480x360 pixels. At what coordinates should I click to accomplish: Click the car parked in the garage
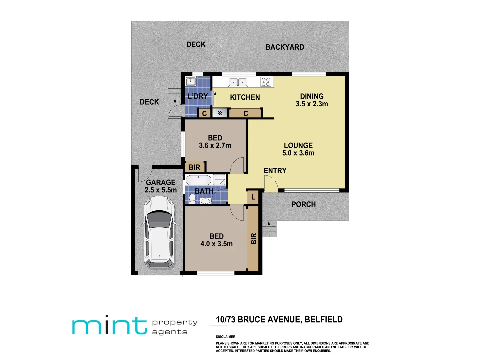(159, 232)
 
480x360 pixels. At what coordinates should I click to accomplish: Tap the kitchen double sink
(238, 82)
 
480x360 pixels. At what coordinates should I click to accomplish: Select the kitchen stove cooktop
(266, 82)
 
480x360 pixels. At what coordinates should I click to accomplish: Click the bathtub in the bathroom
(198, 180)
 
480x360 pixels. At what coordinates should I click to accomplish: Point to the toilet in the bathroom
(192, 198)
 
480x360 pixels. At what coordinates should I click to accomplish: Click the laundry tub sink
(191, 81)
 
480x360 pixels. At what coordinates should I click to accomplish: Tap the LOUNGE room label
(298, 145)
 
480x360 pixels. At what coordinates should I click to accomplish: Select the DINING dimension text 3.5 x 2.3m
(312, 104)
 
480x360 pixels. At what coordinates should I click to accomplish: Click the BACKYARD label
(285, 47)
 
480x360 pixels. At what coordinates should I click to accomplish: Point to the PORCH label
(303, 204)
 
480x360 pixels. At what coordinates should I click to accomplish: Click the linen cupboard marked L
(253, 197)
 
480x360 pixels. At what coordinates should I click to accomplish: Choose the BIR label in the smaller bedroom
(194, 167)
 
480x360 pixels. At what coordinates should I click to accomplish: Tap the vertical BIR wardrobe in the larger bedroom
(253, 238)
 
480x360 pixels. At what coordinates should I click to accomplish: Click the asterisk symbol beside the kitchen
(220, 113)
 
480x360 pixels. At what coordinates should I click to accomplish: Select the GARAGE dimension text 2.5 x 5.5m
(161, 190)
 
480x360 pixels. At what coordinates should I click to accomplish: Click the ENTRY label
(275, 171)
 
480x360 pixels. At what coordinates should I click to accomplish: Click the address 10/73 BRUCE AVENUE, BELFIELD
(279, 320)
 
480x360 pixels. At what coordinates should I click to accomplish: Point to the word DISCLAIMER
(226, 337)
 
